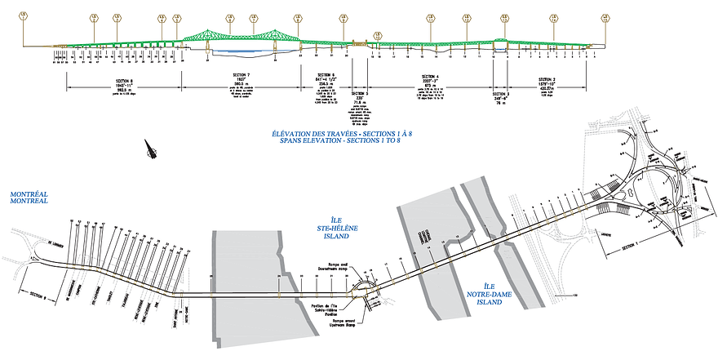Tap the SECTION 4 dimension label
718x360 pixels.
[x=431, y=77]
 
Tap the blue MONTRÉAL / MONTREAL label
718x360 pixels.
[x=29, y=198]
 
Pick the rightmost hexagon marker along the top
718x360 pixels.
[x=605, y=16]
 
